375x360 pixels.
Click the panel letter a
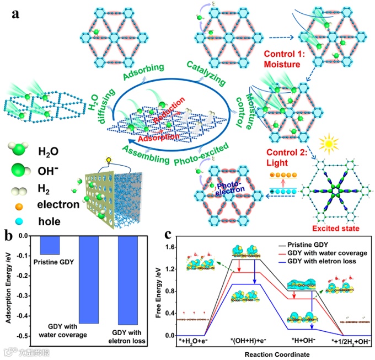[15, 14]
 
